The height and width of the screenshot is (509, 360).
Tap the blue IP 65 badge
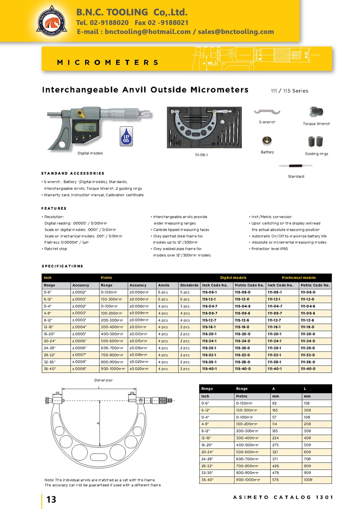point(126,136)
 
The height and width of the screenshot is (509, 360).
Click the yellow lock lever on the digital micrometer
point(81,114)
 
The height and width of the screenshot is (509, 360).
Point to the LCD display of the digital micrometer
point(88,128)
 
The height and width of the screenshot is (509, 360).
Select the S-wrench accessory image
point(267,112)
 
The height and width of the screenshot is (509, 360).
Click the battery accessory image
point(267,141)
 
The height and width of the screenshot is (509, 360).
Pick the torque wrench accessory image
point(316,112)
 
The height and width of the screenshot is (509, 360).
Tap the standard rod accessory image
point(296,166)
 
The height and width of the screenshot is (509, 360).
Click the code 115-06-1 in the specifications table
point(209,292)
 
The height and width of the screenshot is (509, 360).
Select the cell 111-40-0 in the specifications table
point(308,369)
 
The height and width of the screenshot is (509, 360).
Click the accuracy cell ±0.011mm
point(138,327)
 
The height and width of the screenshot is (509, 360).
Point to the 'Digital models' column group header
point(233,278)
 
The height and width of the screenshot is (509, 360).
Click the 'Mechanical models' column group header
point(299,278)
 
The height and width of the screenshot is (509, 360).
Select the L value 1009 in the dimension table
point(308,480)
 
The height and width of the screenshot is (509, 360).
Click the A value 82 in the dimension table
point(274,403)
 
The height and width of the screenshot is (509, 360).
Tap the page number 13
point(51,499)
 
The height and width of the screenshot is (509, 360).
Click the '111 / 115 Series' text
point(289,91)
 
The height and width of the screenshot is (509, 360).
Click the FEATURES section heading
point(54,209)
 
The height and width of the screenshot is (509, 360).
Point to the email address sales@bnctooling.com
point(236,32)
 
